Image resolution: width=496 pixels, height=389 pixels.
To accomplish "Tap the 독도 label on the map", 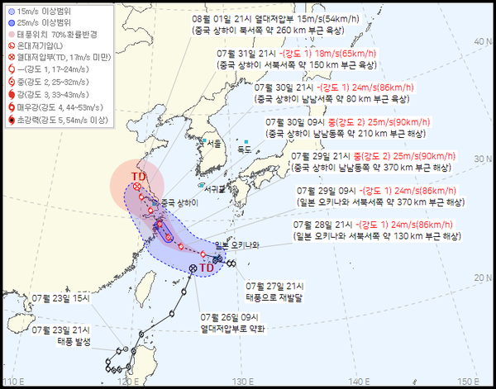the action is coord(245,149).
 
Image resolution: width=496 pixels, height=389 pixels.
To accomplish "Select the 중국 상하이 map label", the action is coord(179,203).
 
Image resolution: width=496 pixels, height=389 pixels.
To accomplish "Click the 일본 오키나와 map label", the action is coord(237,245).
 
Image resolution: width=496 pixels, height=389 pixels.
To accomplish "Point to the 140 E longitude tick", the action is coord(355,382).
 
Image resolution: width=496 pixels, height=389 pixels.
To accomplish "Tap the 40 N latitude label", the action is coord(477,39).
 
